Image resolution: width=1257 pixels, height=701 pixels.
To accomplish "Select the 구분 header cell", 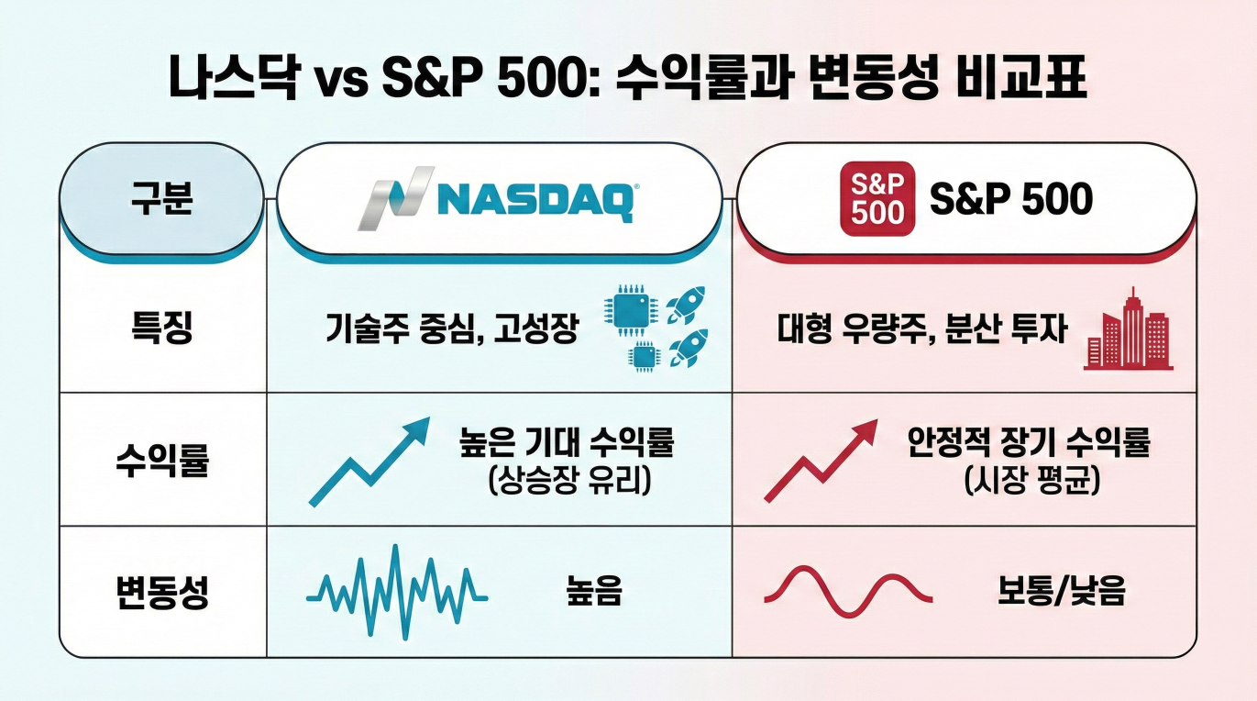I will pyautogui.click(x=161, y=199).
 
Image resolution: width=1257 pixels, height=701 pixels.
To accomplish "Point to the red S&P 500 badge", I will pyautogui.click(x=877, y=199).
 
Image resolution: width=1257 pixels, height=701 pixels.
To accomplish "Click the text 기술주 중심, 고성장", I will pyautogui.click(x=451, y=329).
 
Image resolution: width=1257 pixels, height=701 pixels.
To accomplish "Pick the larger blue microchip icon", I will pyautogui.click(x=629, y=314).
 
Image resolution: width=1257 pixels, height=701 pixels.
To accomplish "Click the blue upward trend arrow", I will pyautogui.click(x=369, y=461).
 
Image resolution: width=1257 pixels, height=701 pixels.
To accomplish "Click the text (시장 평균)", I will pyautogui.click(x=1031, y=481).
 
